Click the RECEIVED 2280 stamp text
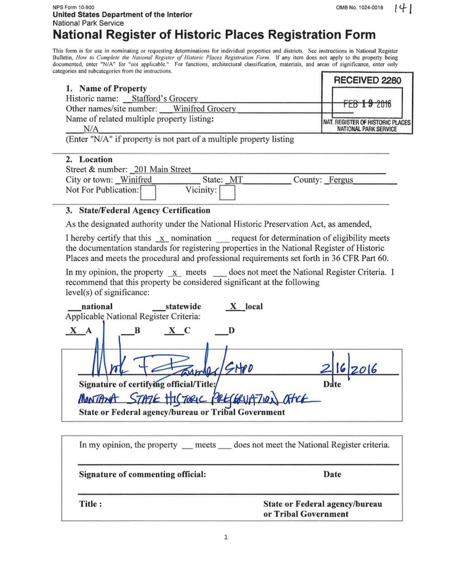367,81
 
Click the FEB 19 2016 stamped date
367,104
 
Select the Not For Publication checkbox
148,192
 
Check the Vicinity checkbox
227,192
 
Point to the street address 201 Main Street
162,169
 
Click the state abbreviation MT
235,180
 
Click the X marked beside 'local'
233,306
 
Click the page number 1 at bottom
225,538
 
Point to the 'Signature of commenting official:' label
142,474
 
